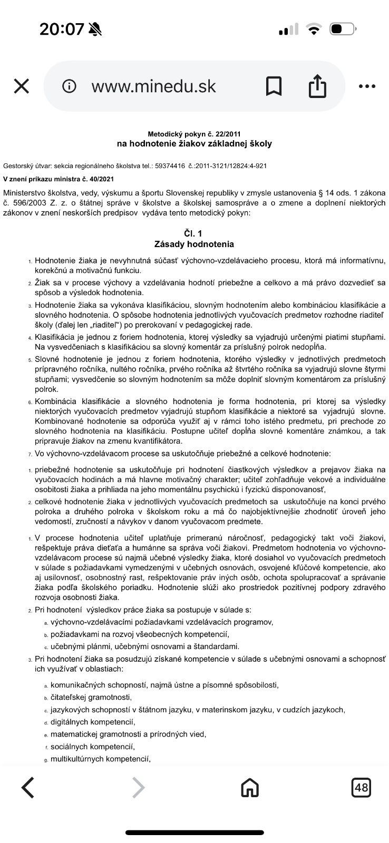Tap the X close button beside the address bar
click(x=21, y=86)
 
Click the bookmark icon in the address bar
click(x=274, y=86)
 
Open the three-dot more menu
click(x=367, y=86)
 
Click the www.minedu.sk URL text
click(x=153, y=86)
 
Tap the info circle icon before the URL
click(x=69, y=86)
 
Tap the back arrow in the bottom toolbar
click(x=28, y=788)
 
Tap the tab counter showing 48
click(x=362, y=788)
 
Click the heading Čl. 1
click(x=194, y=233)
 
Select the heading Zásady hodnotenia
click(x=194, y=244)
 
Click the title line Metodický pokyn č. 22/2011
click(x=194, y=134)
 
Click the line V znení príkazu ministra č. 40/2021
click(x=59, y=179)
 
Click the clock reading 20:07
click(x=62, y=29)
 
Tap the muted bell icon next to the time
click(x=95, y=29)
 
